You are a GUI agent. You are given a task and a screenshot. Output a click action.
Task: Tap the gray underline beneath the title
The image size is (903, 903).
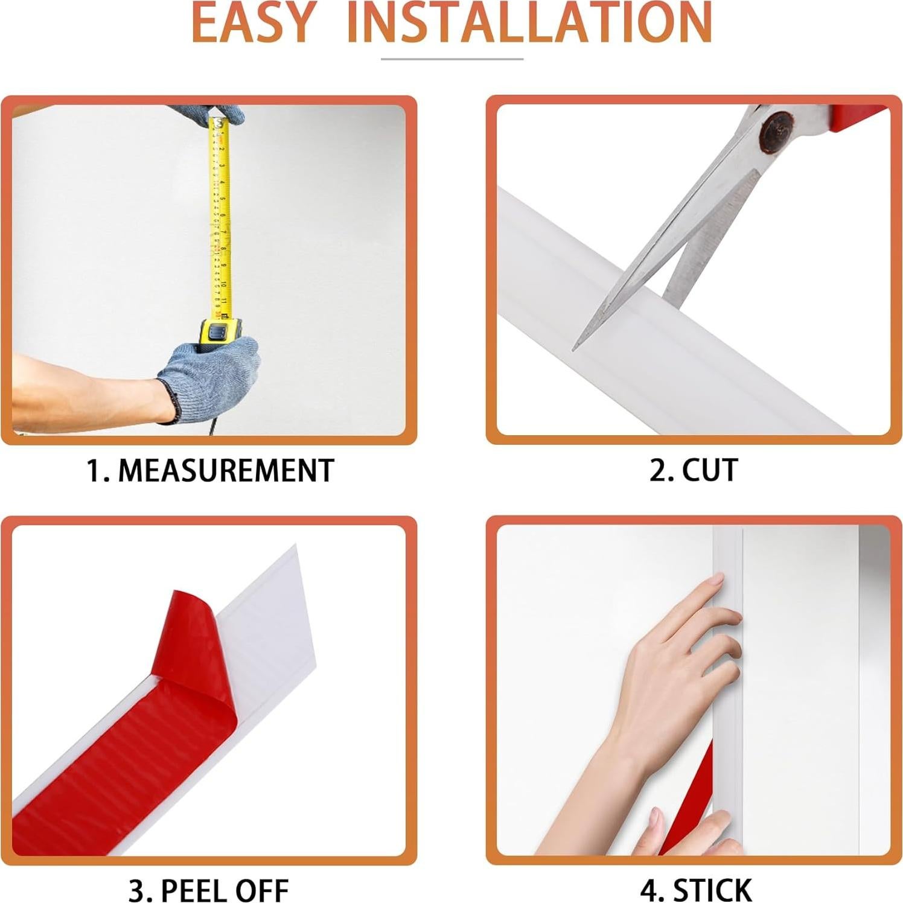(x=451, y=59)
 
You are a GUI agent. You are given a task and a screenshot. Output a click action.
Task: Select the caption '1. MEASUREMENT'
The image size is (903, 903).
(x=210, y=471)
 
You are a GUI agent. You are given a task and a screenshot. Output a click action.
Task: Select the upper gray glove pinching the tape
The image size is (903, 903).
(x=205, y=113)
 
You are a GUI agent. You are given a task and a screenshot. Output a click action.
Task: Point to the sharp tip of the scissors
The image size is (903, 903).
(x=575, y=347)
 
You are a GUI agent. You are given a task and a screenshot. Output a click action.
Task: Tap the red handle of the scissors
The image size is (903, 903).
(x=857, y=115)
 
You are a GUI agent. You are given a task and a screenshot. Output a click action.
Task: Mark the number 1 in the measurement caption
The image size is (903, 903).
(x=95, y=471)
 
